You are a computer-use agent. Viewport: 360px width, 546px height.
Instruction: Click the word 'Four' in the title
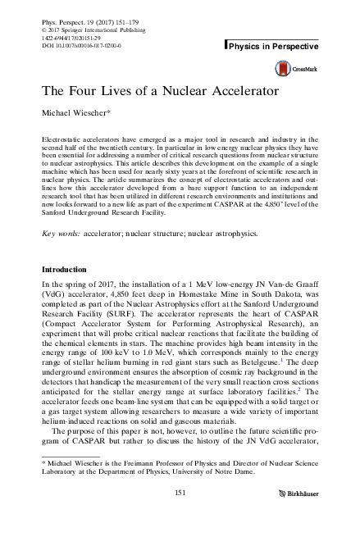pyautogui.click(x=80, y=92)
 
